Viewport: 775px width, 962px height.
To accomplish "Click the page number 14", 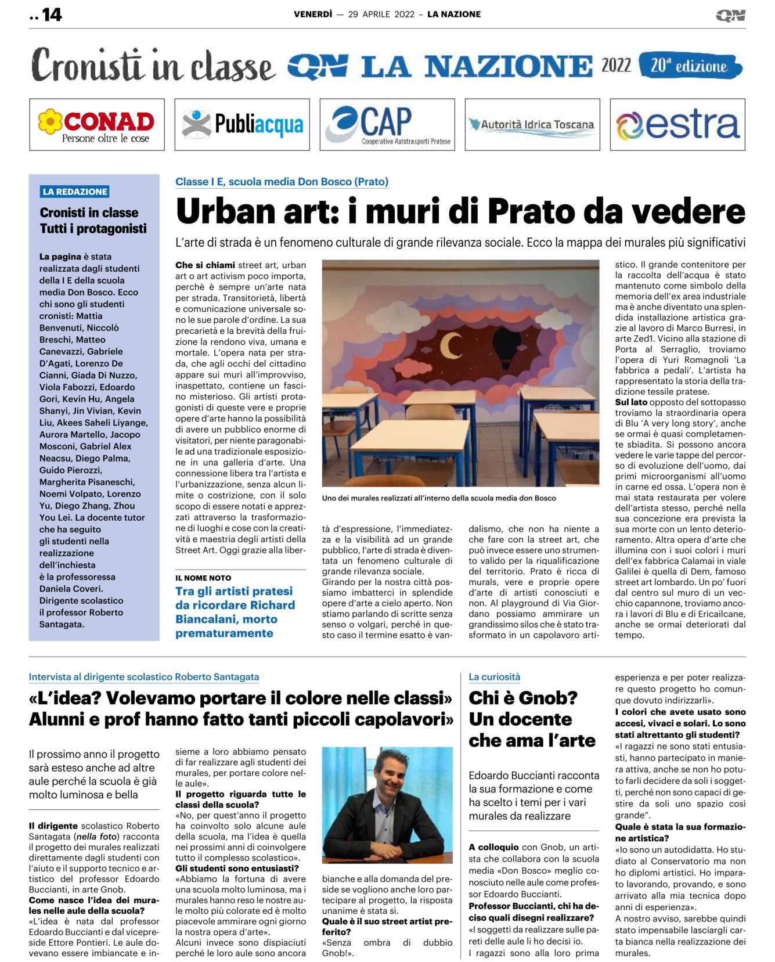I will [x=51, y=15].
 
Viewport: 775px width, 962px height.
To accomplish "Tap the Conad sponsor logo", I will [x=97, y=125].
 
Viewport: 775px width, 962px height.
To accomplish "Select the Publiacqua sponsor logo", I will [x=242, y=125].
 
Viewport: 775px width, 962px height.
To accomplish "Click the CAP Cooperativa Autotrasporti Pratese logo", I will [x=387, y=125].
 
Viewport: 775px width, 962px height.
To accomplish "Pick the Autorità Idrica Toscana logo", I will [x=532, y=125].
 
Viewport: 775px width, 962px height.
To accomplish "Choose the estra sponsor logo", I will [x=677, y=125].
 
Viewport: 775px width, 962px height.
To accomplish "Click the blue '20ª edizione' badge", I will [x=689, y=66].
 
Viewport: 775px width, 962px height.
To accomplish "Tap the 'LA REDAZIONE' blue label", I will [x=75, y=192].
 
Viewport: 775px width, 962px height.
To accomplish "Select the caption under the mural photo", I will [x=439, y=498].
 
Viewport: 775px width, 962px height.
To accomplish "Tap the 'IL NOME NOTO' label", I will [x=203, y=578].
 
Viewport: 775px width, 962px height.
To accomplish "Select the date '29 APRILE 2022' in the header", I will [x=381, y=15].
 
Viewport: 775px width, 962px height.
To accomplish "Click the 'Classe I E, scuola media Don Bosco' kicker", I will [x=282, y=182].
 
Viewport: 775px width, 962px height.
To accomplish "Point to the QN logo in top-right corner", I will [x=730, y=16].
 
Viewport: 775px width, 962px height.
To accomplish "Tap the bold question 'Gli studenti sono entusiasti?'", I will [x=237, y=869].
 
